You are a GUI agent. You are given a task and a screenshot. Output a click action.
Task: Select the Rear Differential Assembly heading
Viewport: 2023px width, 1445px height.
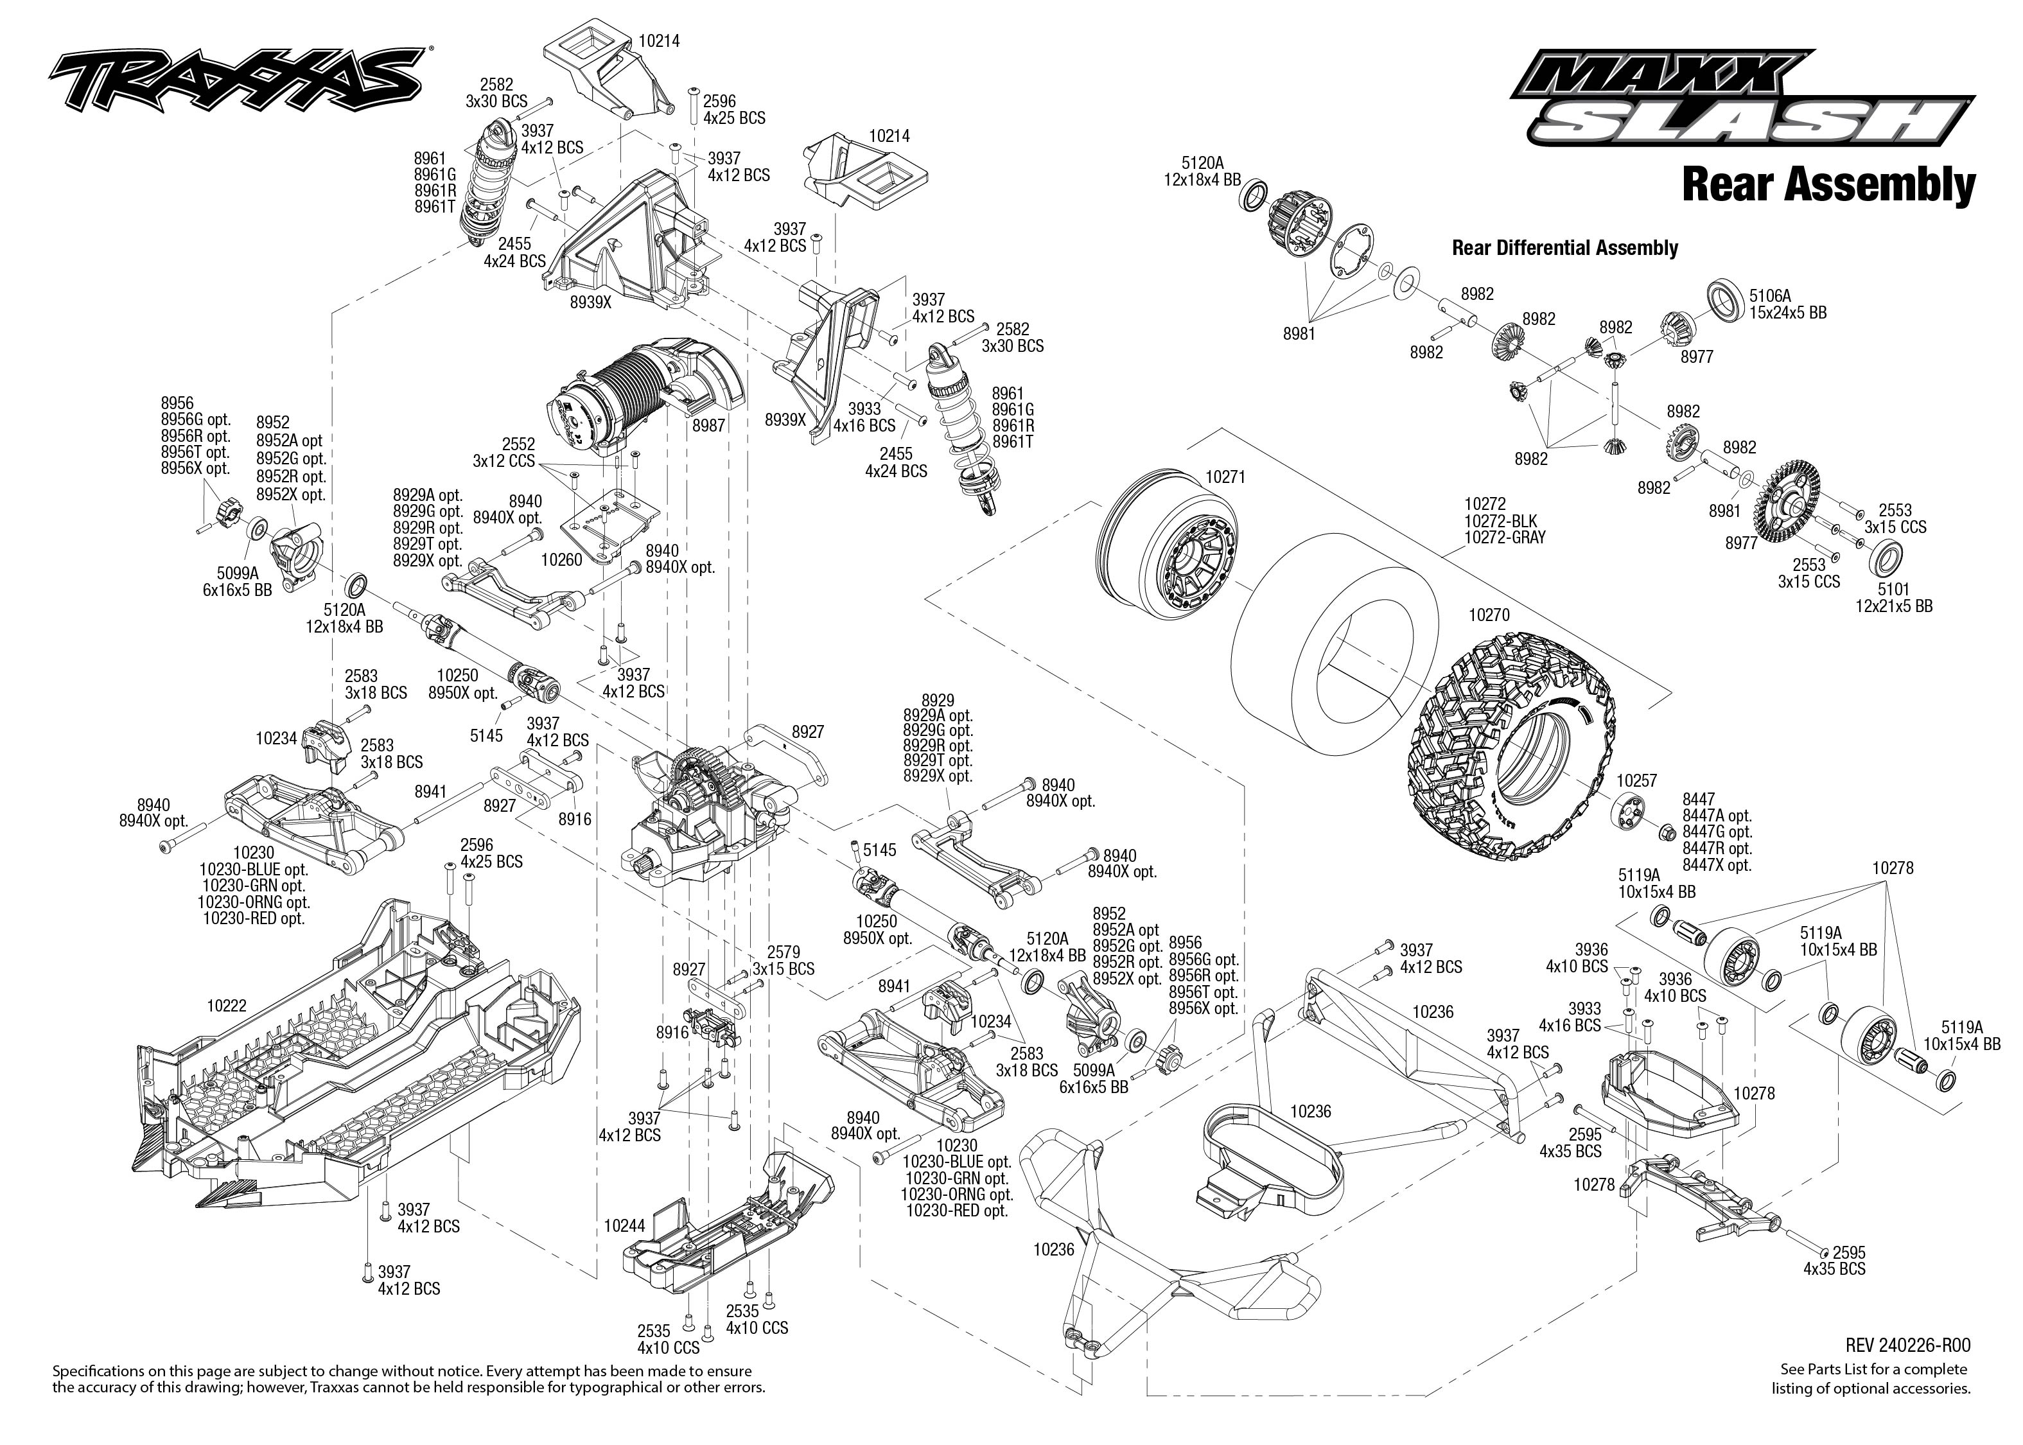coord(1564,249)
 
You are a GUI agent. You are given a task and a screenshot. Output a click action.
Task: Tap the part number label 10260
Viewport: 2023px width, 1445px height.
coord(561,559)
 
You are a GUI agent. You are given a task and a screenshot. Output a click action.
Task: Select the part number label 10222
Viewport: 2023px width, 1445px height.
coord(227,1006)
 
